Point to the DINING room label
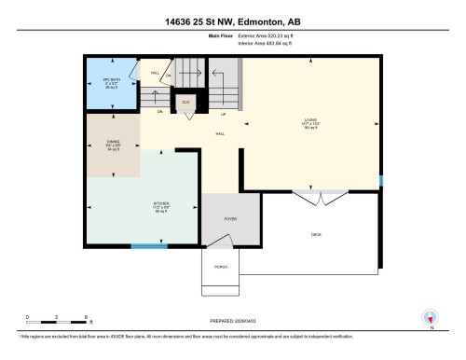click(x=112, y=145)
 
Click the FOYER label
click(x=230, y=218)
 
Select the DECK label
click(x=316, y=235)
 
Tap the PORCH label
click(x=221, y=267)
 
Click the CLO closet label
click(x=186, y=100)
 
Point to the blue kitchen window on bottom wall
click(x=143, y=247)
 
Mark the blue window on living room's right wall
click(x=380, y=180)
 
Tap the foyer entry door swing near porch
click(x=220, y=241)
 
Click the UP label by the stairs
click(x=223, y=115)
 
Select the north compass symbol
click(x=430, y=318)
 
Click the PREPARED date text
click(x=233, y=317)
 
